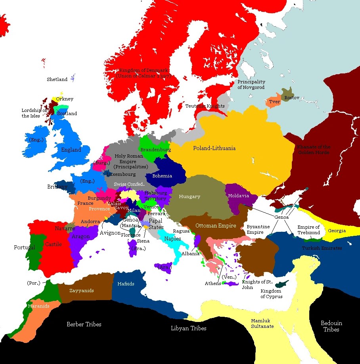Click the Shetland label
coord(57,79)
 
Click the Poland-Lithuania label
coord(214,148)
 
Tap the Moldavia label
coord(239,196)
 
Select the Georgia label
coord(337,231)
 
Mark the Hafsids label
coord(126,284)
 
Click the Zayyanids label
coord(82,291)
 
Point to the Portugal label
coord(25,247)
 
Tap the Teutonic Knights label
coord(205,106)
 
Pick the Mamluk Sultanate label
coord(262,324)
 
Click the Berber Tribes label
coord(84,324)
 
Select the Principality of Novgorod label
coord(251,84)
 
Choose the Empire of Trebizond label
coord(308,230)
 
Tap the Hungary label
coord(190,196)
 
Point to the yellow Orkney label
coord(65,99)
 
